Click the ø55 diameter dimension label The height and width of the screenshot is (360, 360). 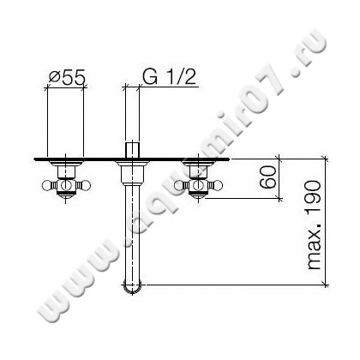[x=65, y=76]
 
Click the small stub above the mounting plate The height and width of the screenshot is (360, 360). [x=133, y=149]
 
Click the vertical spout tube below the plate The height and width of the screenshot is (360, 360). [x=133, y=231]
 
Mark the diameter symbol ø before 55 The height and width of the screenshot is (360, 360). [x=52, y=76]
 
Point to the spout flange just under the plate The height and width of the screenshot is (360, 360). [x=133, y=171]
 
